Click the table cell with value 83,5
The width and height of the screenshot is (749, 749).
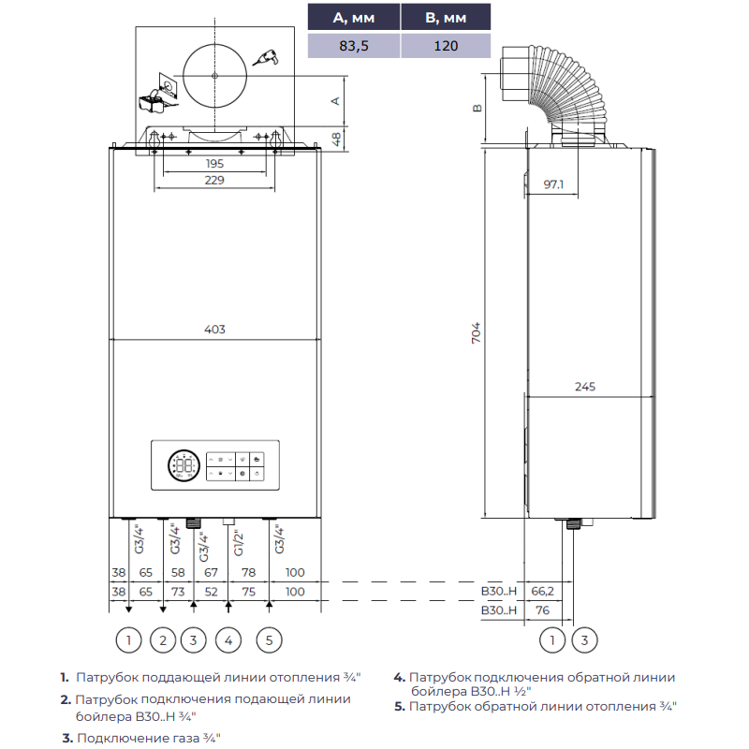pos(354,46)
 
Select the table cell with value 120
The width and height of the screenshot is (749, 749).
pos(446,46)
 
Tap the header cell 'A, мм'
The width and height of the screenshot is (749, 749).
pos(354,18)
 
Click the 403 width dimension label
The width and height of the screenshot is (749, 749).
pos(214,330)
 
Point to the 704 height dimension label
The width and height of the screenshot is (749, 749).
pos(476,332)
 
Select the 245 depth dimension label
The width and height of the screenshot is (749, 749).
pos(584,387)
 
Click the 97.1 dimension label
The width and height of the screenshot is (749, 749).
pos(553,184)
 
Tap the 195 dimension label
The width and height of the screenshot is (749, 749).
pos(214,163)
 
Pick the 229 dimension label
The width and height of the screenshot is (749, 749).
pos(214,180)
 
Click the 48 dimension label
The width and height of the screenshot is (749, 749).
pos(336,140)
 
